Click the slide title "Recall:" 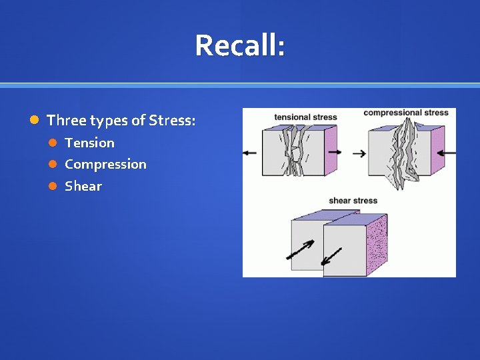coord(240,46)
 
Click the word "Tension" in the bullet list coord(89,143)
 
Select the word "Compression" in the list coord(105,164)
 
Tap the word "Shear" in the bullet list coord(83,186)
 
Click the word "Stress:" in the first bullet coord(172,121)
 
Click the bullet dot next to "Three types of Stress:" coord(35,121)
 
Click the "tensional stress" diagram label coord(305,117)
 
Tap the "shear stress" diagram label coord(353,201)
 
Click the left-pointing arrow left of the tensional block coord(250,153)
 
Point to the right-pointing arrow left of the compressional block coord(359,153)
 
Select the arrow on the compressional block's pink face coord(447,153)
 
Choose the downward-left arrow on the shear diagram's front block coord(331,258)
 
